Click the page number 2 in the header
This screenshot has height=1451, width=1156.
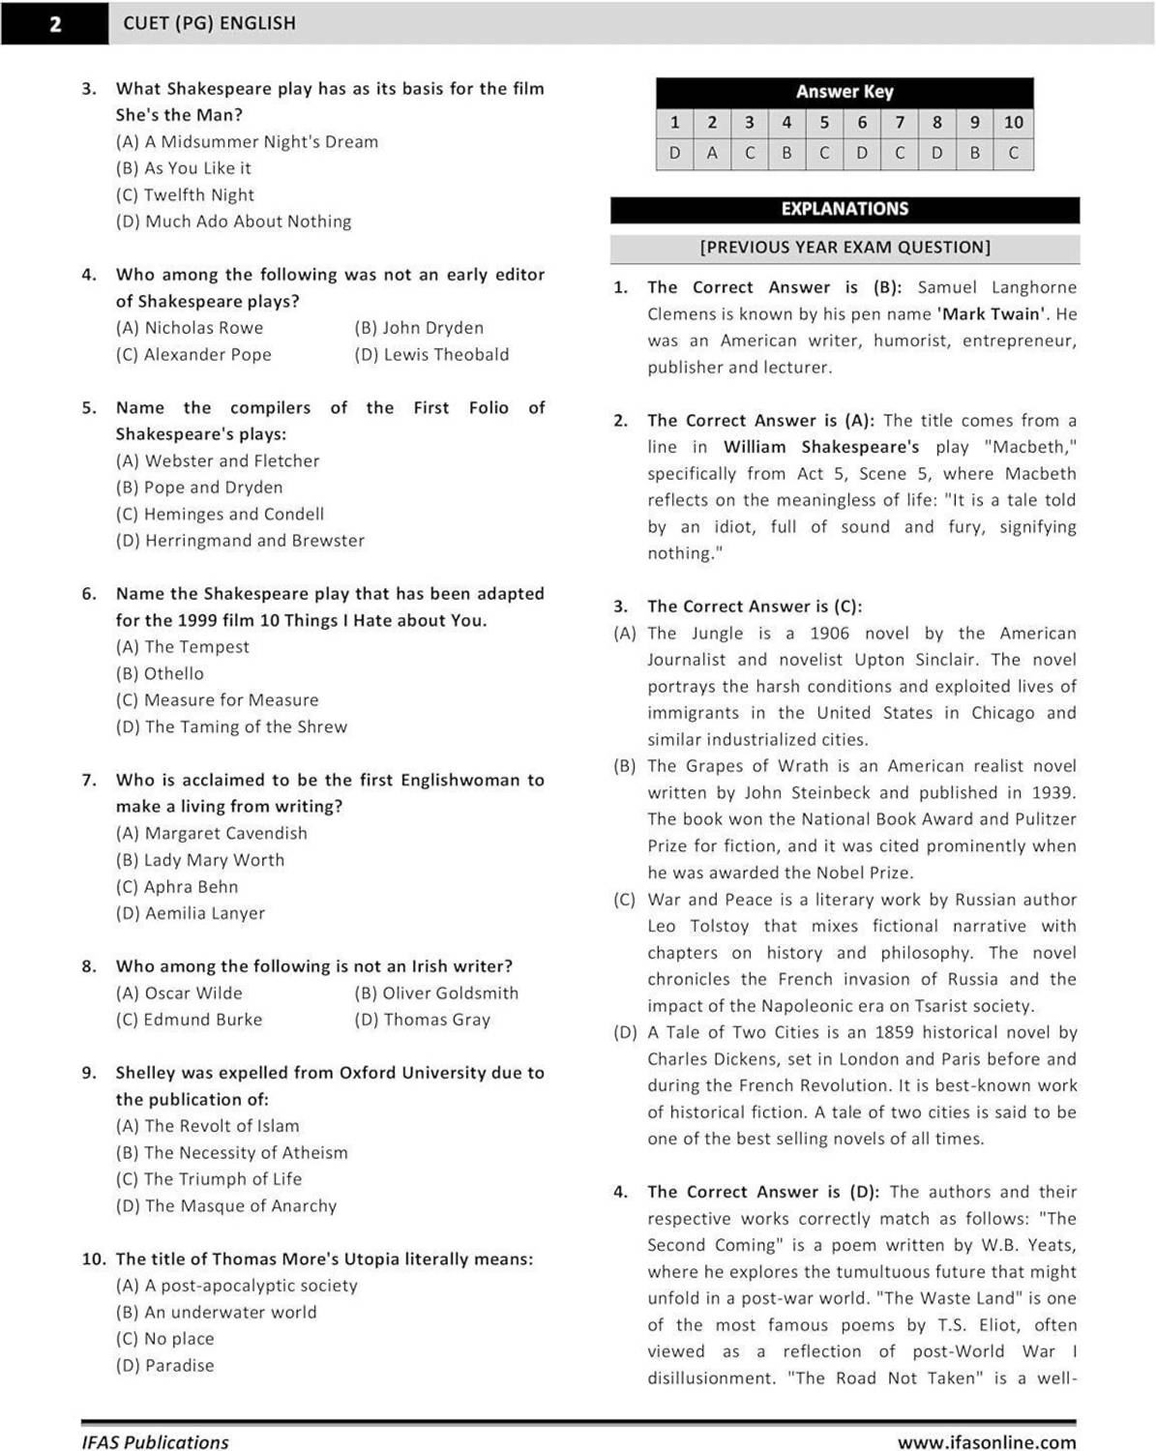[x=55, y=23]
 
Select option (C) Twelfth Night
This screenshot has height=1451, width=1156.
[x=185, y=194]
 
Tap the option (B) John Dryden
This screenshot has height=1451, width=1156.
[x=419, y=328]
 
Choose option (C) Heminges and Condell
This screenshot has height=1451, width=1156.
[x=220, y=514]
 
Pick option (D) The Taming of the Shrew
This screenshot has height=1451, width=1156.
[x=231, y=726]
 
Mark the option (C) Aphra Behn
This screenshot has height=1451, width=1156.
[x=177, y=886]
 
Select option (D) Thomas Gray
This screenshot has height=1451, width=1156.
[x=423, y=1020]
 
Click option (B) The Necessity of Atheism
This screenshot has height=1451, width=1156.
[x=232, y=1152]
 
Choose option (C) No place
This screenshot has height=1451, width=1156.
[x=165, y=1339]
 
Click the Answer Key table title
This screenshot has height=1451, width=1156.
[x=845, y=92]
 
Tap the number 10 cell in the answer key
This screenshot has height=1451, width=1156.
[x=1013, y=122]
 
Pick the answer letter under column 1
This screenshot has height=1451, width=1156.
[x=674, y=153]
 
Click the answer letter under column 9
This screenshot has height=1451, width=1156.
[x=975, y=153]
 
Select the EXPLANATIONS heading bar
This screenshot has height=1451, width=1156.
[x=845, y=209]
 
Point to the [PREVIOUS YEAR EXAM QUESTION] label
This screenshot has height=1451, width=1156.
[x=845, y=248]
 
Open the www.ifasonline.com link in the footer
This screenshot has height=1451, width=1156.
[x=986, y=1442]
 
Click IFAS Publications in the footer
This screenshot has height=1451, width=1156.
[x=155, y=1442]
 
